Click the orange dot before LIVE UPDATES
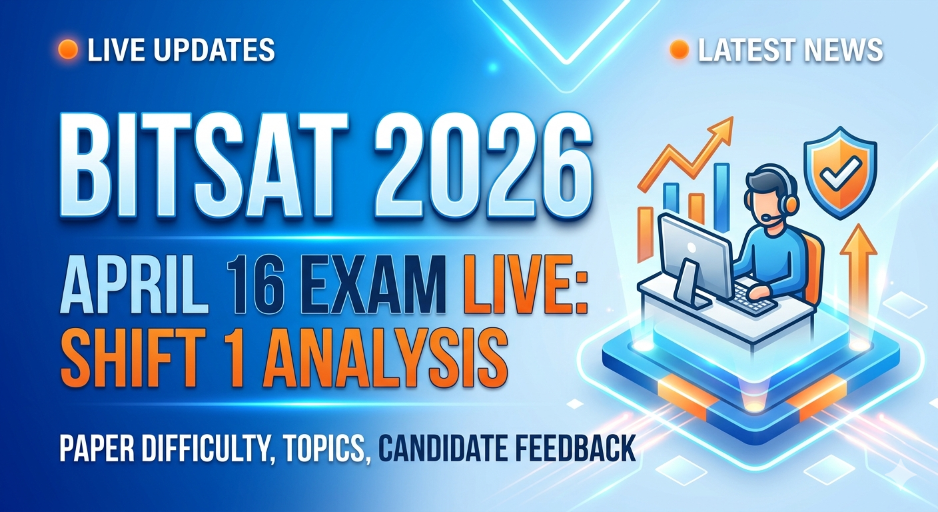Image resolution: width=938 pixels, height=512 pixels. tap(68, 50)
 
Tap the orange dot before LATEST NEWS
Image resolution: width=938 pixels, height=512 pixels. tap(678, 50)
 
